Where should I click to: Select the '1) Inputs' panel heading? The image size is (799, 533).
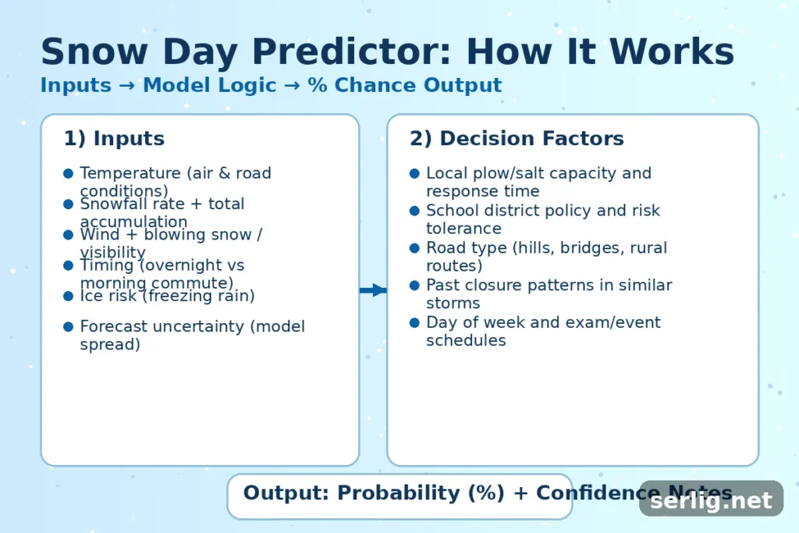click(114, 139)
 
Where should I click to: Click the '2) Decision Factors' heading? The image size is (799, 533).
click(517, 139)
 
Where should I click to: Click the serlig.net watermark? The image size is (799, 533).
click(711, 500)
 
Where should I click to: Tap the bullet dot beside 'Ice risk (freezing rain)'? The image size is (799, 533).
click(69, 296)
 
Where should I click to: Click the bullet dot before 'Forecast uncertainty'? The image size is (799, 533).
click(69, 326)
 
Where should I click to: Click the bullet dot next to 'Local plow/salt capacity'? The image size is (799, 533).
click(415, 173)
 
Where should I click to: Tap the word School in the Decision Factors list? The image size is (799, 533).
click(450, 211)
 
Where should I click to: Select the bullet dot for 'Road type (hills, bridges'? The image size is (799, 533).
click(415, 248)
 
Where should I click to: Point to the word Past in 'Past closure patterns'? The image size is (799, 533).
click(442, 286)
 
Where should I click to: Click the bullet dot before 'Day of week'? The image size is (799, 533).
click(415, 322)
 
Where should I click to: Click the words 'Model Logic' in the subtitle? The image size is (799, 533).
click(210, 85)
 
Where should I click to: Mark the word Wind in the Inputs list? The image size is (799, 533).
click(98, 234)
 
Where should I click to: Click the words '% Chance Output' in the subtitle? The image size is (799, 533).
click(405, 85)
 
